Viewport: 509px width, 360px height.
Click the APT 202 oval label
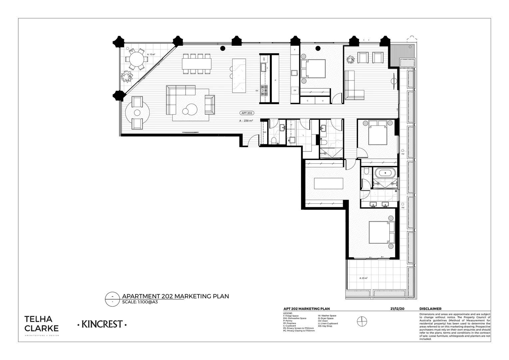coord(247,113)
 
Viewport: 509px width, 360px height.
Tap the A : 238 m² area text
coord(246,121)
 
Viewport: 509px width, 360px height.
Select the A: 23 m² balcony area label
coord(363,278)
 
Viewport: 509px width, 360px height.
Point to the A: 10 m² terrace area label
coord(151,54)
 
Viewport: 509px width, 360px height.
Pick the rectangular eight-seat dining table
coord(197,64)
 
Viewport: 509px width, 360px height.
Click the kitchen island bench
coord(239,76)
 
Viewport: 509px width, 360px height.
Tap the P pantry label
coord(275,81)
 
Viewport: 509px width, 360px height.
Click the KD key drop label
coord(265,132)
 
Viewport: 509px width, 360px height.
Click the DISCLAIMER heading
coord(430,309)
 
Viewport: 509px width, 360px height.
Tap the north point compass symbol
coord(362,321)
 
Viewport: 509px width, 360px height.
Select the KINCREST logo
coord(102,324)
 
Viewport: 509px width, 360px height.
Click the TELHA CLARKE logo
coord(42,323)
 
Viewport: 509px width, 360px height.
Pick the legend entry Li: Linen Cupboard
coord(328,323)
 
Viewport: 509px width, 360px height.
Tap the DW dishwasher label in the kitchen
coord(264,59)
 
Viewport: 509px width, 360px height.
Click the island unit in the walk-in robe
coord(328,184)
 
